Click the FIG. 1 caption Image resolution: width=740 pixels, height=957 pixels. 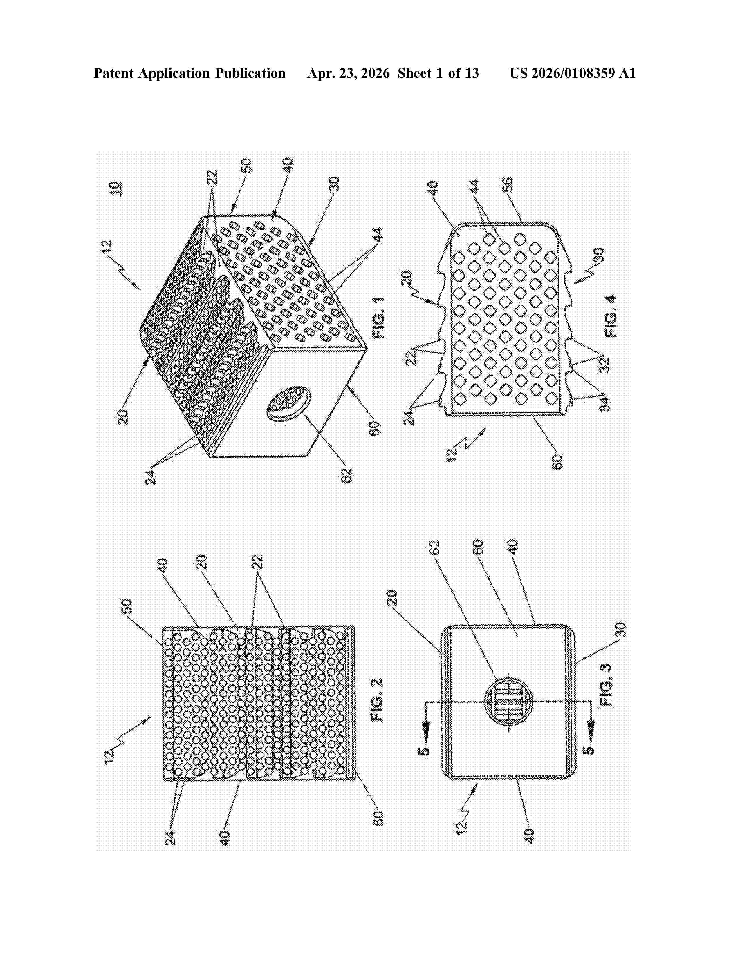[x=378, y=318]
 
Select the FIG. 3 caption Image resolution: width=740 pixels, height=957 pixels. [x=606, y=685]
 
